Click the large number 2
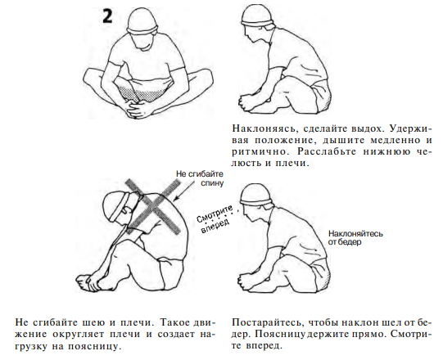[107, 16]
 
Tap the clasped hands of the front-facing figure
[139, 107]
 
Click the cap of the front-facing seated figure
[142, 21]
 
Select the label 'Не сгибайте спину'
[200, 178]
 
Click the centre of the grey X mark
[153, 207]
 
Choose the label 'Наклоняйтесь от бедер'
[355, 238]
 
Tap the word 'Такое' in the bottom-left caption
[176, 322]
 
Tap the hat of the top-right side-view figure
[258, 16]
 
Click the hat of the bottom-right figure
[255, 195]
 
